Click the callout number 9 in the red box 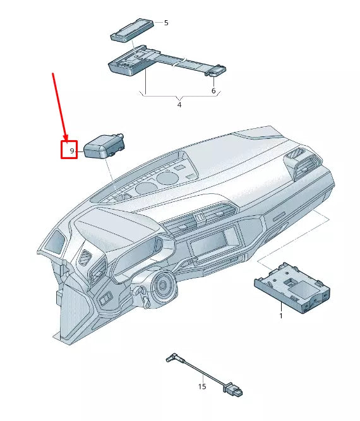point(71,151)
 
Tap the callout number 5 point(166,23)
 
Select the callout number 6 point(213,91)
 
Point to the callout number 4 point(179,104)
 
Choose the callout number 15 point(201,386)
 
